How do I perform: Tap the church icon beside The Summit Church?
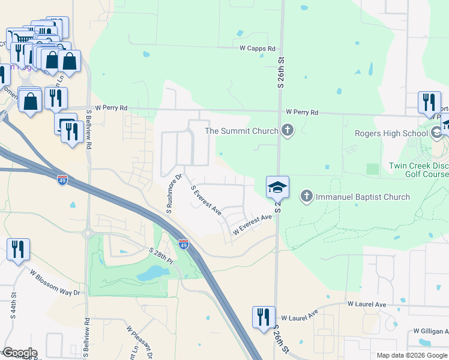pyautogui.click(x=288, y=130)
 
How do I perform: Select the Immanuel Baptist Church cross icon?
pyautogui.click(x=306, y=196)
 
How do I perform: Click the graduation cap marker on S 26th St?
pyautogui.click(x=277, y=188)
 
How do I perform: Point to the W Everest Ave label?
pyautogui.click(x=253, y=224)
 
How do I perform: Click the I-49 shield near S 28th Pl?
pyautogui.click(x=184, y=244)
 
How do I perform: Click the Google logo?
pyautogui.click(x=19, y=353)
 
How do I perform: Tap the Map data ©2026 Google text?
pyautogui.click(x=412, y=355)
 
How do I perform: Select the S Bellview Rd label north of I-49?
pyautogui.click(x=88, y=129)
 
